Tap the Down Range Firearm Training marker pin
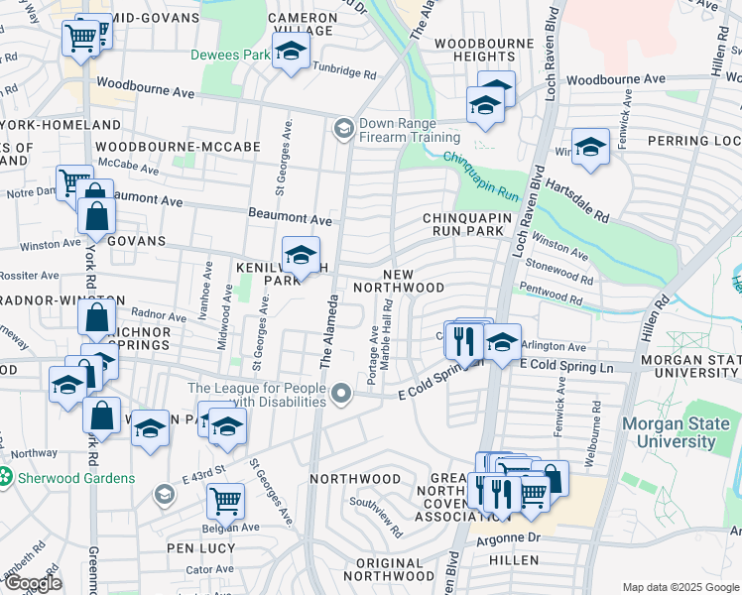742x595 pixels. tap(344, 127)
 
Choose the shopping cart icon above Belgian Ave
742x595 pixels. tap(226, 500)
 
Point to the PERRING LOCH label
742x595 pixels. tap(694, 142)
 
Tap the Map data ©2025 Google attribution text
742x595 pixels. tap(680, 587)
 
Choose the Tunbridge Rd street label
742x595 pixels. tap(345, 73)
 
